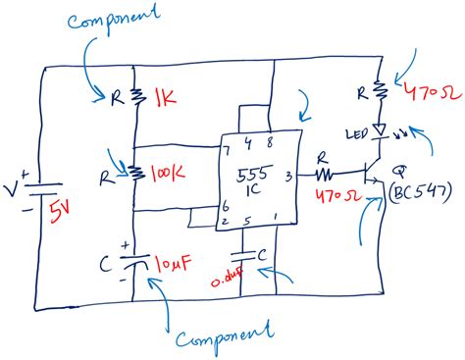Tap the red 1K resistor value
click(163, 97)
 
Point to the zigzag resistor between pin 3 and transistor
click(326, 173)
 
